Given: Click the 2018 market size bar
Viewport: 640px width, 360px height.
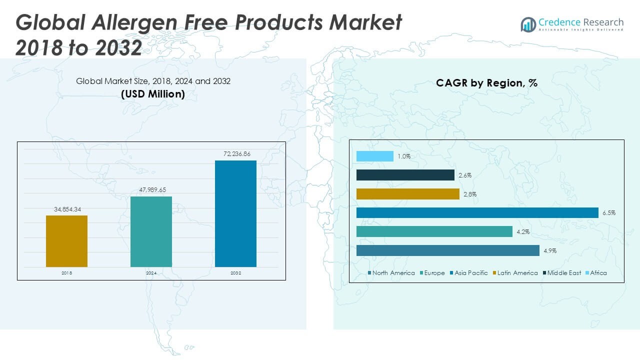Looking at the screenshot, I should tap(66, 241).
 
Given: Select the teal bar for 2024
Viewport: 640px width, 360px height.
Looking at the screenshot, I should tap(151, 231).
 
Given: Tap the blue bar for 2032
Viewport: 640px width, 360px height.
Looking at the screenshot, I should tap(235, 213).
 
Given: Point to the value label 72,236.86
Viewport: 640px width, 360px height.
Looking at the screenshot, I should tap(235, 154).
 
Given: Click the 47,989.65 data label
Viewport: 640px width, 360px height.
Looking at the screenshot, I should tap(151, 190).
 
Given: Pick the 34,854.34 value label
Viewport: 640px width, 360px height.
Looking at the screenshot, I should tap(66, 209).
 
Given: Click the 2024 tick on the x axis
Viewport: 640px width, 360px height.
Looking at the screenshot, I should tap(151, 273).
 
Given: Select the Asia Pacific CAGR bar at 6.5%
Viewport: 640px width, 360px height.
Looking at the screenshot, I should tap(477, 212).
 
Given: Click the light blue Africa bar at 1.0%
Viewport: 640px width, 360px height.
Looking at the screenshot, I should tap(375, 156).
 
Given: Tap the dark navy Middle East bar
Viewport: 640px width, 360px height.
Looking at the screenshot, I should tap(405, 175).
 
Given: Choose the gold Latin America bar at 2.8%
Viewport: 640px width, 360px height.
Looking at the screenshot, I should tap(408, 194).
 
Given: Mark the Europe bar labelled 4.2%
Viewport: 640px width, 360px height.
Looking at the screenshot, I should tap(434, 231).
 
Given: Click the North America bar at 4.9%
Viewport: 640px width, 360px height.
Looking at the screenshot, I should tap(448, 250).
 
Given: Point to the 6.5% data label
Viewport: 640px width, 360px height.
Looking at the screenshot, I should tap(608, 213).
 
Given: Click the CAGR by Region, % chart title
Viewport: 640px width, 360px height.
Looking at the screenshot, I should tap(486, 83).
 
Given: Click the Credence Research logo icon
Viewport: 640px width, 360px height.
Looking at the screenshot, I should tap(528, 24).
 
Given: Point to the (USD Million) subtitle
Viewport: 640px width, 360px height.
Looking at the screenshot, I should tap(153, 94).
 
